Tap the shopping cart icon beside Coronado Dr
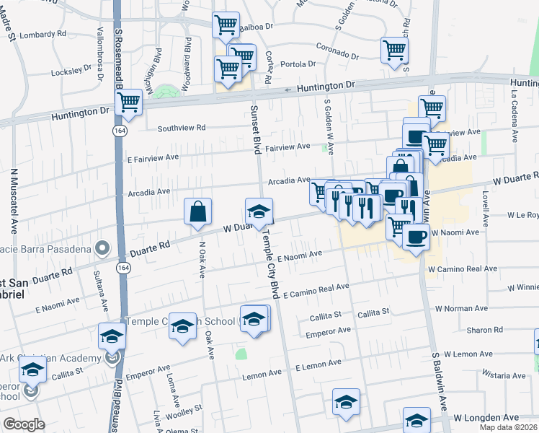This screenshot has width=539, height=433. tap(394, 51)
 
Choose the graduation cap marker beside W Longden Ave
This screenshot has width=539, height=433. tap(416, 420)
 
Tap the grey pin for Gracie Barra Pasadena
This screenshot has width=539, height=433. tap(103, 249)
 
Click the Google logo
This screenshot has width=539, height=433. tap(24, 424)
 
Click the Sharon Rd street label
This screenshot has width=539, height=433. tap(478, 330)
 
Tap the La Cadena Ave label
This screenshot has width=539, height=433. tap(515, 116)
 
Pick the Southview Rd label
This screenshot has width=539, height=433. tap(182, 128)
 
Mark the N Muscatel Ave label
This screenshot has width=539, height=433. tap(14, 201)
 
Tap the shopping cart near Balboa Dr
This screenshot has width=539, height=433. tap(226, 26)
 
